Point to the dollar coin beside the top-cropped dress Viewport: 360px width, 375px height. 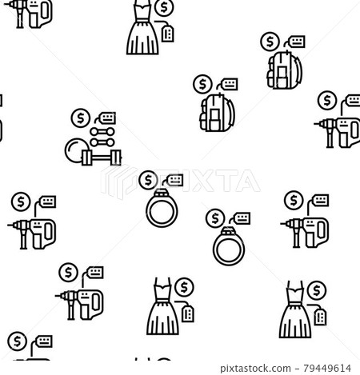(166, 8)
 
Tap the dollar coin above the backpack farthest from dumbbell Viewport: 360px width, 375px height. (268, 39)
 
